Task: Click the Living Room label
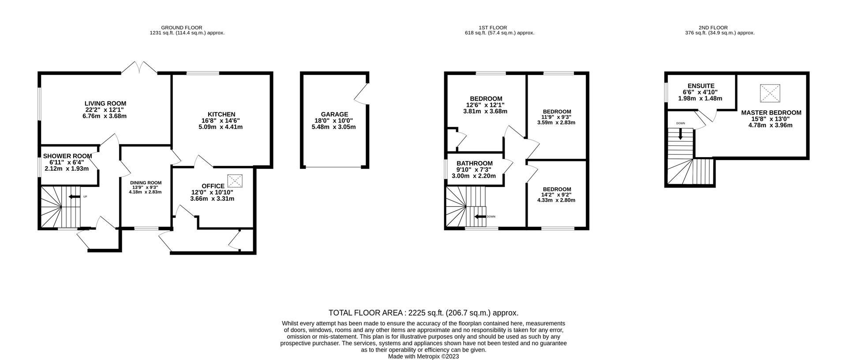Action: click(105, 104)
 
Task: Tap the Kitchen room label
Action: click(221, 114)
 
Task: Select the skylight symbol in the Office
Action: click(235, 181)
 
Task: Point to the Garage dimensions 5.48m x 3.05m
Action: click(334, 127)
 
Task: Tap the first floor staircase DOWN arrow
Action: click(480, 217)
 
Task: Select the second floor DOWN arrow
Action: click(680, 134)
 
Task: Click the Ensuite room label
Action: click(701, 86)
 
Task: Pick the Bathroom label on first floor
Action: click(474, 163)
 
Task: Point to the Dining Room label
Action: click(146, 183)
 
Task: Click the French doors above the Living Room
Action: click(139, 67)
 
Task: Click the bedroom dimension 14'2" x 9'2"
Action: click(557, 195)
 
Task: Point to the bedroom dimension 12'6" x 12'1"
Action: click(485, 105)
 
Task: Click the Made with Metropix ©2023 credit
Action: click(423, 356)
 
